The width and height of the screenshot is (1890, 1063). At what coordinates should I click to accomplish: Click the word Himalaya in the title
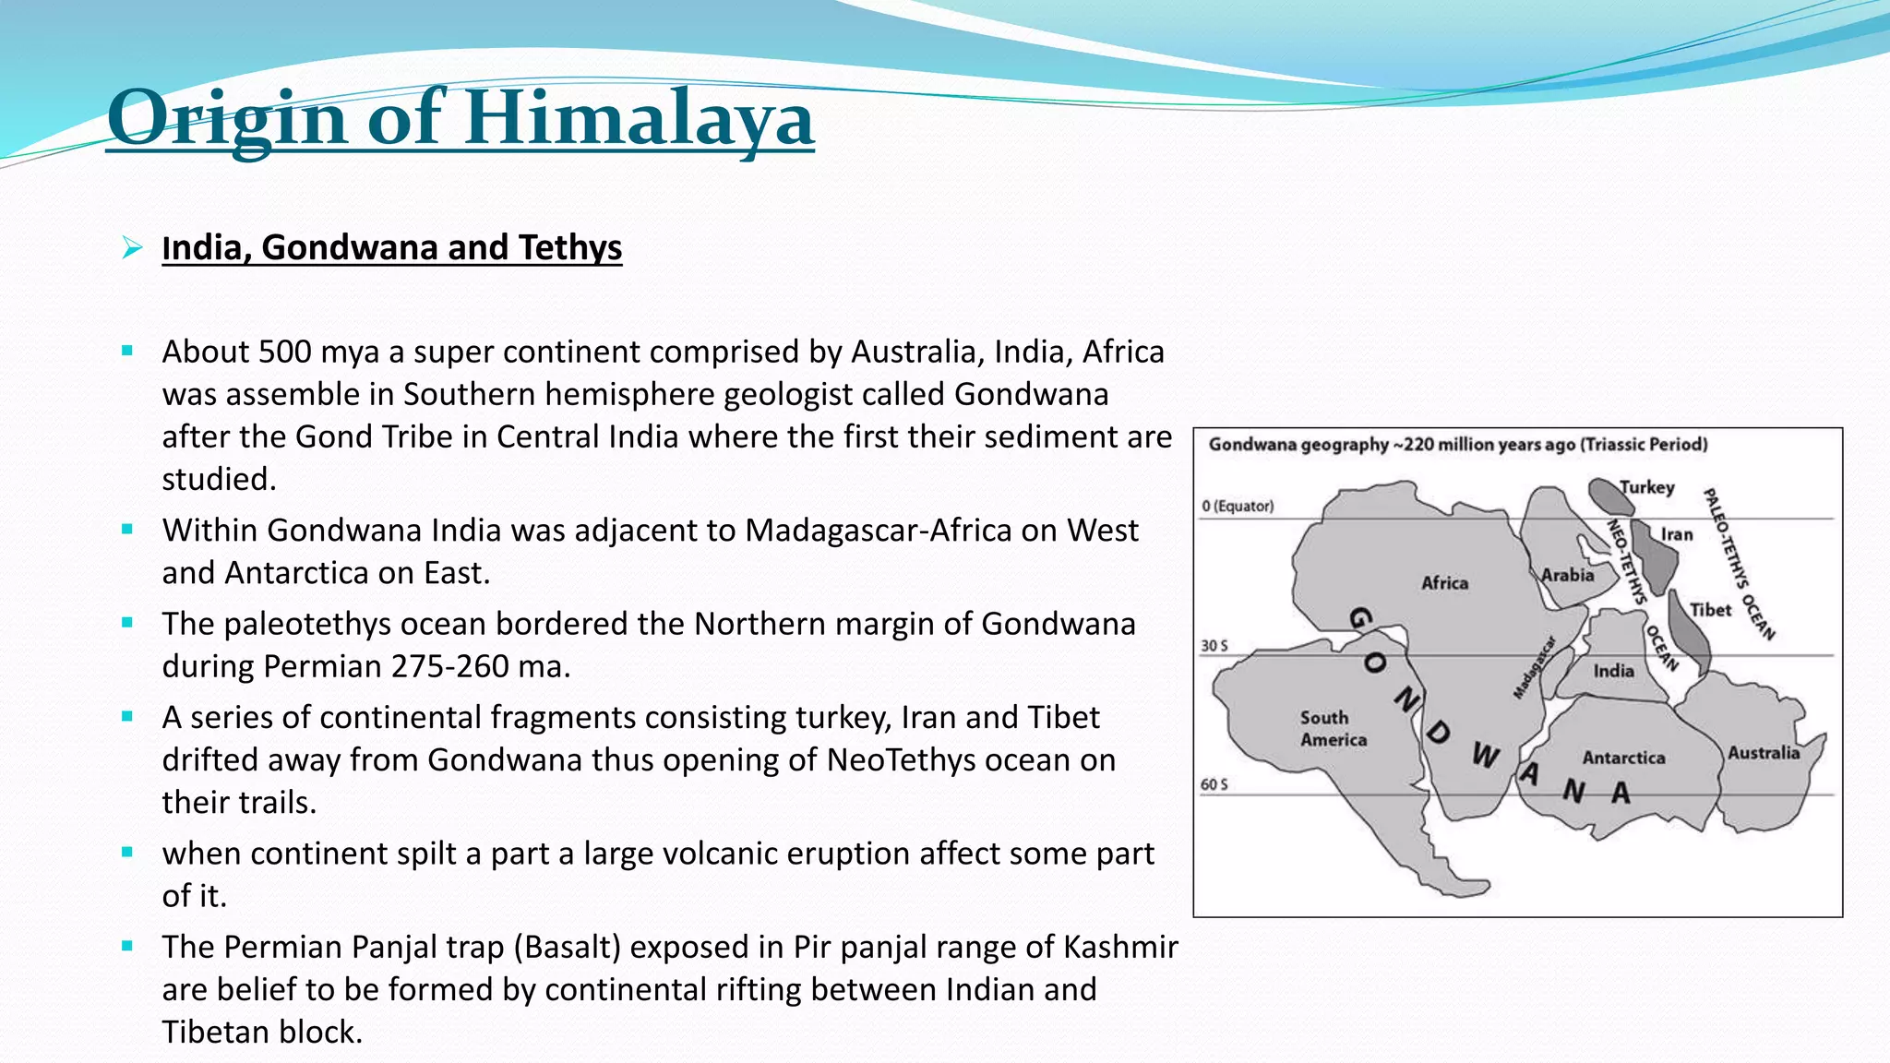pyautogui.click(x=639, y=118)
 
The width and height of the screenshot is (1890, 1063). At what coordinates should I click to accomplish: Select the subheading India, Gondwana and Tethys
pyautogui.click(x=391, y=247)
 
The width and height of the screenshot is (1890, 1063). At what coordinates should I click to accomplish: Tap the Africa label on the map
pyautogui.click(x=1444, y=583)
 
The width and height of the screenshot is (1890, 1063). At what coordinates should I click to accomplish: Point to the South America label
pyautogui.click(x=1333, y=728)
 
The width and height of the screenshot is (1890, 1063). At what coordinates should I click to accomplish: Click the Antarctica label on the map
pyautogui.click(x=1623, y=758)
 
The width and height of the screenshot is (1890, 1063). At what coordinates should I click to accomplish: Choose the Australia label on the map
pyautogui.click(x=1763, y=753)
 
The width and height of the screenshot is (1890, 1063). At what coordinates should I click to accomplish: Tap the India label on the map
pyautogui.click(x=1613, y=671)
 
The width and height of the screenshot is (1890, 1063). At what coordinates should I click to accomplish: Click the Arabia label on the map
pyautogui.click(x=1567, y=575)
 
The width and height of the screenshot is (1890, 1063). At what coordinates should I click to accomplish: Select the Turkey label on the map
pyautogui.click(x=1647, y=487)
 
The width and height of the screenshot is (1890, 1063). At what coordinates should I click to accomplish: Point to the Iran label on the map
pyautogui.click(x=1677, y=534)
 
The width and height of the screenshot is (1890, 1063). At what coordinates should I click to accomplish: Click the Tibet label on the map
pyautogui.click(x=1710, y=610)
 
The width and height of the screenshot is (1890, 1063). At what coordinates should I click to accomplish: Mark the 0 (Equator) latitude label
pyautogui.click(x=1238, y=506)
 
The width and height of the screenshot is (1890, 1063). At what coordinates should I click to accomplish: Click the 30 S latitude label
pyautogui.click(x=1214, y=646)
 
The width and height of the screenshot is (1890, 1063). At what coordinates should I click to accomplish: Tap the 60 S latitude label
pyautogui.click(x=1214, y=784)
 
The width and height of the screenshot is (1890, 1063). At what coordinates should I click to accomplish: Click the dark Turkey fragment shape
pyautogui.click(x=1609, y=496)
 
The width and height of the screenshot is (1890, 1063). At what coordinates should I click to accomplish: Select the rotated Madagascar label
pyautogui.click(x=1534, y=667)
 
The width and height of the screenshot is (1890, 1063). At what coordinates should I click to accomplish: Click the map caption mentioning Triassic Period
pyautogui.click(x=1458, y=445)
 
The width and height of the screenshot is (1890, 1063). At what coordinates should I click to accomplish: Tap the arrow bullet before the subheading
pyautogui.click(x=132, y=247)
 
